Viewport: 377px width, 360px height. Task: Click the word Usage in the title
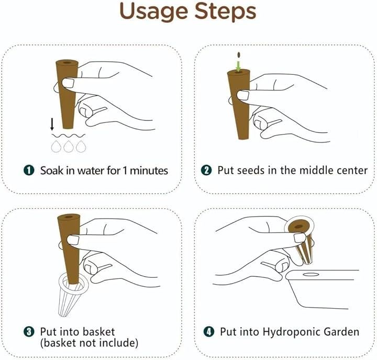point(153,12)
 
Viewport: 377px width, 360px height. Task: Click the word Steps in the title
point(225,12)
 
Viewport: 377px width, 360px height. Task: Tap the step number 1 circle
point(29,171)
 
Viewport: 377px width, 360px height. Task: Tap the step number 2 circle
point(206,170)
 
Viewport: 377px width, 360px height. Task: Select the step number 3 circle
point(29,332)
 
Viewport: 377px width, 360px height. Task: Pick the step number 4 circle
point(209,332)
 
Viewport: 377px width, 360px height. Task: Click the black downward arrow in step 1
point(52,124)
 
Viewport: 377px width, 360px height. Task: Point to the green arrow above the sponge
point(238,66)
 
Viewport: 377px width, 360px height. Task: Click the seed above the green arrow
point(239,55)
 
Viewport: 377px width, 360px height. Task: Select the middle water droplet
point(69,147)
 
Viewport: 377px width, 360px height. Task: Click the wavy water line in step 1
point(68,136)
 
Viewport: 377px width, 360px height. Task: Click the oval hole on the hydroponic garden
point(311,274)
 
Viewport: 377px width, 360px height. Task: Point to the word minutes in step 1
point(149,171)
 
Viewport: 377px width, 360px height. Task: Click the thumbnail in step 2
point(243,95)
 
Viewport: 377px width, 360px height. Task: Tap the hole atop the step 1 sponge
point(66,62)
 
